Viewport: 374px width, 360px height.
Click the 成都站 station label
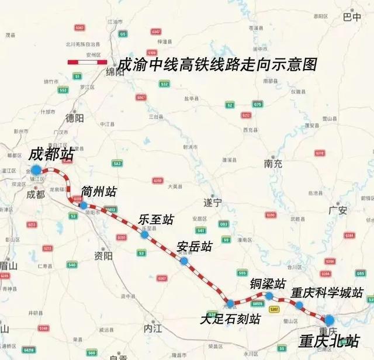coord(51,156)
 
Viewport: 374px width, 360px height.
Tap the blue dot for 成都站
coord(36,170)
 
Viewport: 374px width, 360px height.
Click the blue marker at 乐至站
coord(144,234)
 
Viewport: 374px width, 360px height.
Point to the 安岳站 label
coord(195,247)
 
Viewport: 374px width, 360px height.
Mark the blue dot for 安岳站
coord(184,261)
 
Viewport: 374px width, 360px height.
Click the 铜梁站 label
coord(268,283)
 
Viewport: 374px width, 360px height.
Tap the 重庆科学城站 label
coord(327,292)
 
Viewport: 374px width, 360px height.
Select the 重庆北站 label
coord(328,341)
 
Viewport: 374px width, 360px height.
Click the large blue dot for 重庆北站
coord(329,320)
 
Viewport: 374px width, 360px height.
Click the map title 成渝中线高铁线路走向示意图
coord(217,64)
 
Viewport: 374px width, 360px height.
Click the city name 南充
coord(273,164)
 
